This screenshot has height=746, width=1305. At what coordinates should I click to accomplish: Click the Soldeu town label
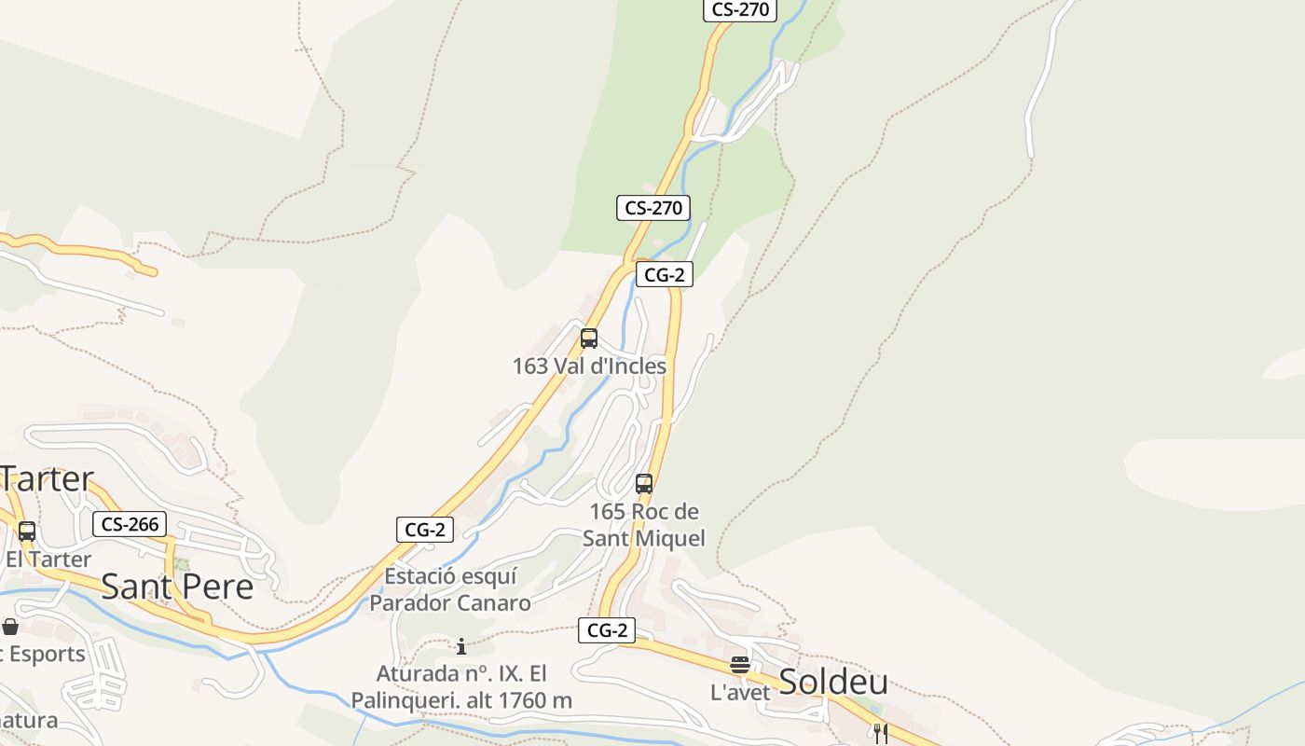pos(832,682)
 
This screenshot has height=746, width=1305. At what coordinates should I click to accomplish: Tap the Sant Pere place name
pos(177,587)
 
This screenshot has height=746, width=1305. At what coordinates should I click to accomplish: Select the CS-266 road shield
pos(130,524)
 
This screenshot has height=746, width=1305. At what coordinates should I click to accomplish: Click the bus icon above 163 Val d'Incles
pos(589,338)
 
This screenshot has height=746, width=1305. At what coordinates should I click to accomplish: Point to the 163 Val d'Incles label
pos(589,366)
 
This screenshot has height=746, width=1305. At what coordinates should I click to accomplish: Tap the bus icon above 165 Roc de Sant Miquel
pos(644,484)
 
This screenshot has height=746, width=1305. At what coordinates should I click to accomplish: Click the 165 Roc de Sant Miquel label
pos(644,525)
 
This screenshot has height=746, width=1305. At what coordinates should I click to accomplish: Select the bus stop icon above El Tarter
pos(27,532)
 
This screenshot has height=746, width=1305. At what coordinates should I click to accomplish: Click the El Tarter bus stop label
pos(48,559)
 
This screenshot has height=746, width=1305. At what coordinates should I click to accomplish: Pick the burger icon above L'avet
pos(740,665)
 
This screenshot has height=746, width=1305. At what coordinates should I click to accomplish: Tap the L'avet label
pos(740,693)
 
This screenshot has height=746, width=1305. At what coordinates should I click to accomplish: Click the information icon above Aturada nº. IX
pos(460,646)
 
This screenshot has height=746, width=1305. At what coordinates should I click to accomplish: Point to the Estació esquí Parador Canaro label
pos(450,589)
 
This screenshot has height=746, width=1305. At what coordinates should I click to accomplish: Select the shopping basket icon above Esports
pos(10,627)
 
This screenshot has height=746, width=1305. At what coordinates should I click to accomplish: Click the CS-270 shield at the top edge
pos(740,9)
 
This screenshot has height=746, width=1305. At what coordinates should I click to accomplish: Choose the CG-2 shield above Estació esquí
pos(425,530)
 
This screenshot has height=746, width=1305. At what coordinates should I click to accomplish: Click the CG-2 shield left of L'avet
pos(607,630)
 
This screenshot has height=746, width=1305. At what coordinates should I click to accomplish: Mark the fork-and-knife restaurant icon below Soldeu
pos(880,733)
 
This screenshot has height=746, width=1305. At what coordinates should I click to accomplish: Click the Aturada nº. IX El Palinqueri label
pos(461,686)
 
